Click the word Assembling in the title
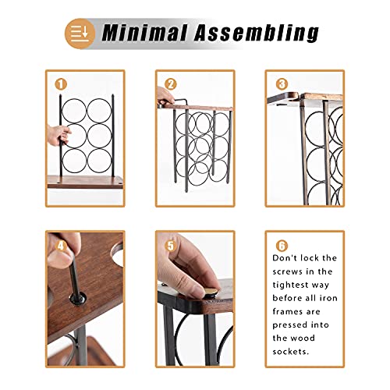click(259, 33)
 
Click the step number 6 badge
click(281, 243)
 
